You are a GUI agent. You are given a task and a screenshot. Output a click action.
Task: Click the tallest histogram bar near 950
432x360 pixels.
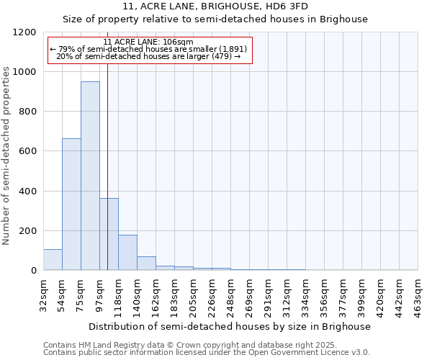pos(90,176)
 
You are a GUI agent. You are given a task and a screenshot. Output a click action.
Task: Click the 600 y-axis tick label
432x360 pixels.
pos(29,151)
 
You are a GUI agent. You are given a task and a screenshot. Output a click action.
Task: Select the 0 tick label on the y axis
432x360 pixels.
pos(34,270)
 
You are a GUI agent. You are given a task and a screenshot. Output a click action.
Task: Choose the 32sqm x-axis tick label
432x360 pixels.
pos(43,294)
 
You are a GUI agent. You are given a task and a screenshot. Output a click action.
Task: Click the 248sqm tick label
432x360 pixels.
pos(230,296)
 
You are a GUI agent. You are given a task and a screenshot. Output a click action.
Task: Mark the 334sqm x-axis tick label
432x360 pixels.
pos(305,296)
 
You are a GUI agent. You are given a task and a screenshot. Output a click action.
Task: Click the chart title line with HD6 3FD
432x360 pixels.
pos(215,7)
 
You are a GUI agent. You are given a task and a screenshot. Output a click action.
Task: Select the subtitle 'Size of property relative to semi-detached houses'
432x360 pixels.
pos(215,19)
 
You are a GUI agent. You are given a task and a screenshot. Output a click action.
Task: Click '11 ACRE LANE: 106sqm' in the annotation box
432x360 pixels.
pos(148,42)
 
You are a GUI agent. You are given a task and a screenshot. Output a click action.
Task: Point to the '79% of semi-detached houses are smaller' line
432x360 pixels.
pos(148,49)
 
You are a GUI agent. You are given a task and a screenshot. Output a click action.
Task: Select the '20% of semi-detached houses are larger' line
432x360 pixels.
pos(148,56)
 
